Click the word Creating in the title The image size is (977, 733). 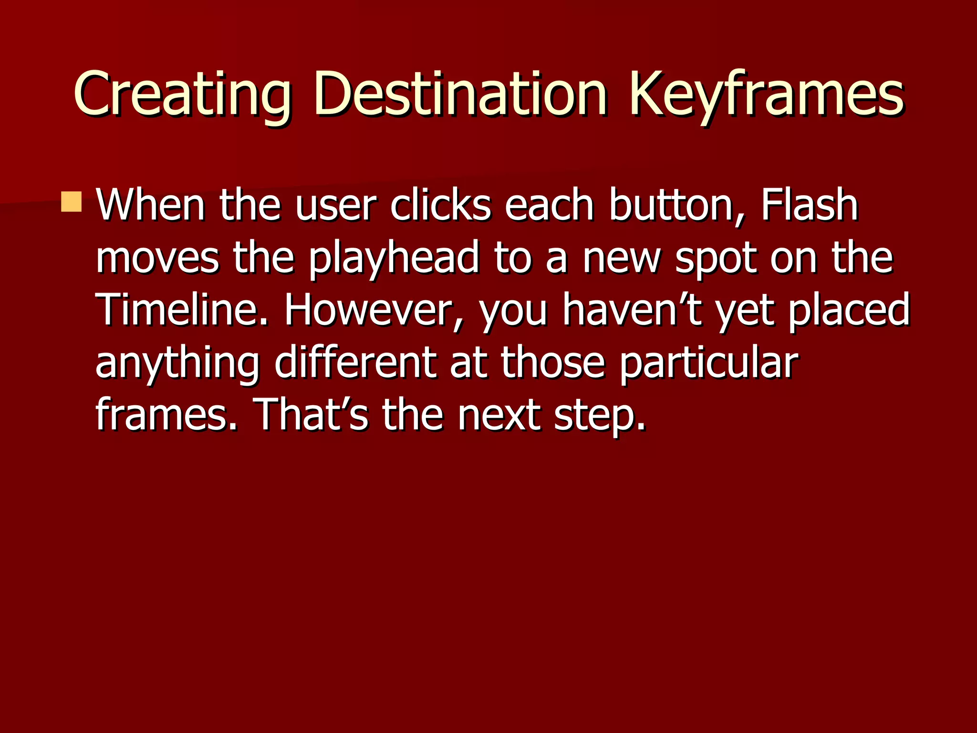[x=182, y=94]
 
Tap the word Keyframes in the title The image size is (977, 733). [x=766, y=94]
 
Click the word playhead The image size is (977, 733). [x=394, y=259]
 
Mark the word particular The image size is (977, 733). [x=709, y=364]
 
